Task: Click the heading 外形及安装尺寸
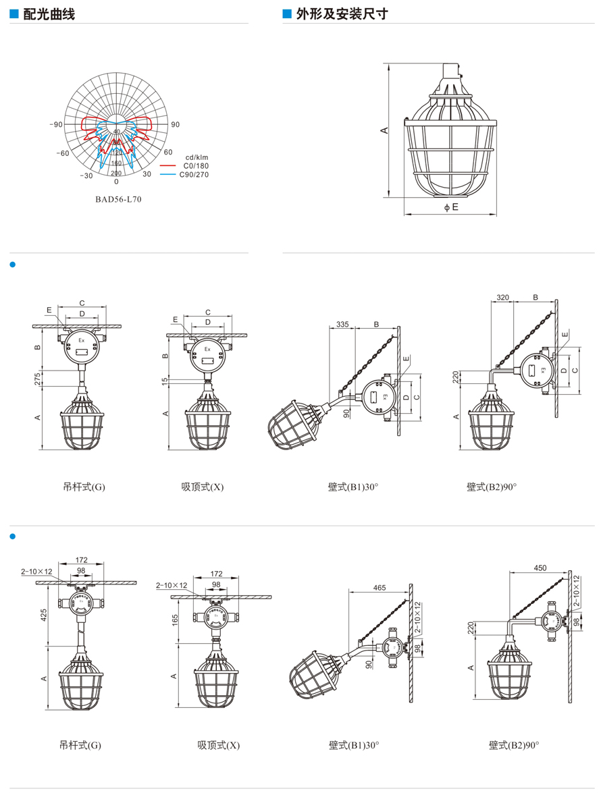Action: [342, 13]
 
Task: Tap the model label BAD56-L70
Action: [118, 199]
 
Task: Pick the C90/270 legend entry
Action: [194, 174]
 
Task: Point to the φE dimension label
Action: [451, 207]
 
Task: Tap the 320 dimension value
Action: [502, 297]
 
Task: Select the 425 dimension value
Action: [43, 616]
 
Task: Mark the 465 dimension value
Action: [379, 588]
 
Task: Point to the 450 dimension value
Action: [540, 568]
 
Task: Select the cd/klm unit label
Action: [197, 157]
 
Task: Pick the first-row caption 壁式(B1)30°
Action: [354, 487]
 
